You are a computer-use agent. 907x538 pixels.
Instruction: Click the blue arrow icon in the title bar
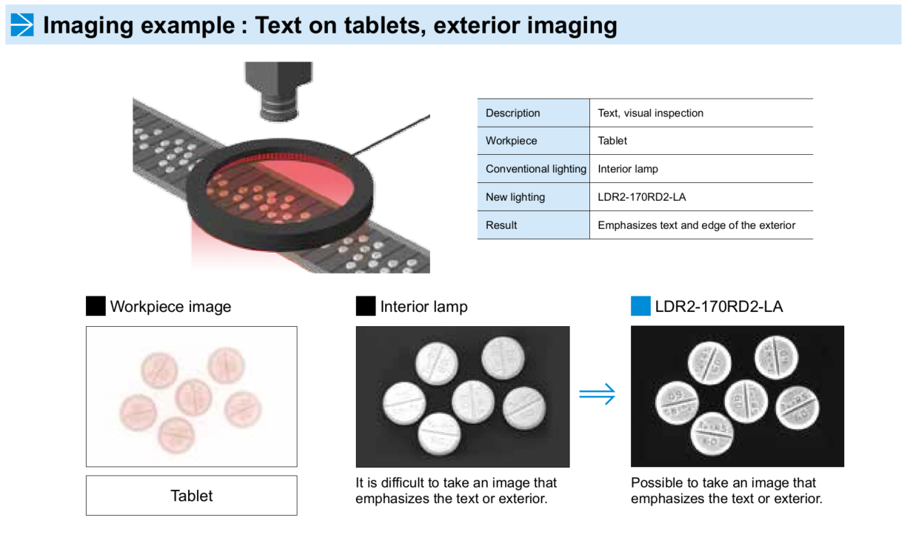22,24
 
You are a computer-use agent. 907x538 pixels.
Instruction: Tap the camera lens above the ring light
278,93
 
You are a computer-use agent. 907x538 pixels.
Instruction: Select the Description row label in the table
512,113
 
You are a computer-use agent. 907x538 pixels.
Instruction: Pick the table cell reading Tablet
612,141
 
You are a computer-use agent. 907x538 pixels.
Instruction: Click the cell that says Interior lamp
628,169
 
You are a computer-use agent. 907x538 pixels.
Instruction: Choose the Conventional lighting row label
535,169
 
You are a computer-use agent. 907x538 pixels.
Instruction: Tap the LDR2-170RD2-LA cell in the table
641,197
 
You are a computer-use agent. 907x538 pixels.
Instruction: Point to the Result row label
501,225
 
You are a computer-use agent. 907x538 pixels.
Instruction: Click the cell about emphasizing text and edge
696,225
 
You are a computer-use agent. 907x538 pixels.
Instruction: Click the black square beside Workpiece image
96,306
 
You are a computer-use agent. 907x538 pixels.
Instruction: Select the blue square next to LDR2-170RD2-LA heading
640,306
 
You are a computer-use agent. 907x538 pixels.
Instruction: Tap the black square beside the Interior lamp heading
366,306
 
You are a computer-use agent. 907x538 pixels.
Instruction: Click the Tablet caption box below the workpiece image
191,496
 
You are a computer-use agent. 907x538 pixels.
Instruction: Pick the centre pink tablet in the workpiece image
194,397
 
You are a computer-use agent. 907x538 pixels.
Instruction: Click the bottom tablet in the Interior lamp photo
439,434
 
